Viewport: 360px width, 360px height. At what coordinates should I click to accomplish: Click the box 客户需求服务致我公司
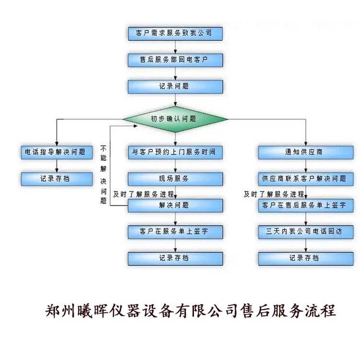tap(175, 34)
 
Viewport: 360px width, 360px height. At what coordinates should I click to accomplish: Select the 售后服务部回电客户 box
tap(175, 60)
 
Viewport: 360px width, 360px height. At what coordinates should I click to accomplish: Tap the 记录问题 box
tap(175, 87)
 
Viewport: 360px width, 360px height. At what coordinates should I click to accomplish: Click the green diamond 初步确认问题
tap(175, 119)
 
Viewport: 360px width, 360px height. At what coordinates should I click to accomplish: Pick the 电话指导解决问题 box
tap(56, 152)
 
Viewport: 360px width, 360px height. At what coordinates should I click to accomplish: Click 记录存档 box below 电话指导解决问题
tap(56, 179)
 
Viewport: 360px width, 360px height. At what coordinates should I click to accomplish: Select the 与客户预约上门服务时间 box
tap(175, 152)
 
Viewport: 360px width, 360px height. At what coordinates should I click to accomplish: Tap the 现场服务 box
tap(175, 179)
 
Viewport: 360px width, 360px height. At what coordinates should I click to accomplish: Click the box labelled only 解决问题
tap(175, 205)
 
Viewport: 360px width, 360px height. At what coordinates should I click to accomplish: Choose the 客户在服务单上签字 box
tap(175, 232)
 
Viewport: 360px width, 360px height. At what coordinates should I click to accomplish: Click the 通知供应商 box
tap(306, 152)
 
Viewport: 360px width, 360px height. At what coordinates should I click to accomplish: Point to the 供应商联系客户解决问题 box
tap(306, 179)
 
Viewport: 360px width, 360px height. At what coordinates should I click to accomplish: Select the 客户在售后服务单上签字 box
tap(306, 205)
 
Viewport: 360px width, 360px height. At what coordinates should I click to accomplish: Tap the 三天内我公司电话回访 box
tap(306, 232)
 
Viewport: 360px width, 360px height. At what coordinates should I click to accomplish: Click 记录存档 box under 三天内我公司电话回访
tap(306, 258)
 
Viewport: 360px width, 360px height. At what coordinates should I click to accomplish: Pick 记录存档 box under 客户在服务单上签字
tap(175, 258)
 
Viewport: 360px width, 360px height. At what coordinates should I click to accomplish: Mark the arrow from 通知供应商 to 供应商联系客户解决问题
tap(306, 166)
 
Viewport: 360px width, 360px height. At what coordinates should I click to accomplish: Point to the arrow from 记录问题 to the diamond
tap(175, 99)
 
